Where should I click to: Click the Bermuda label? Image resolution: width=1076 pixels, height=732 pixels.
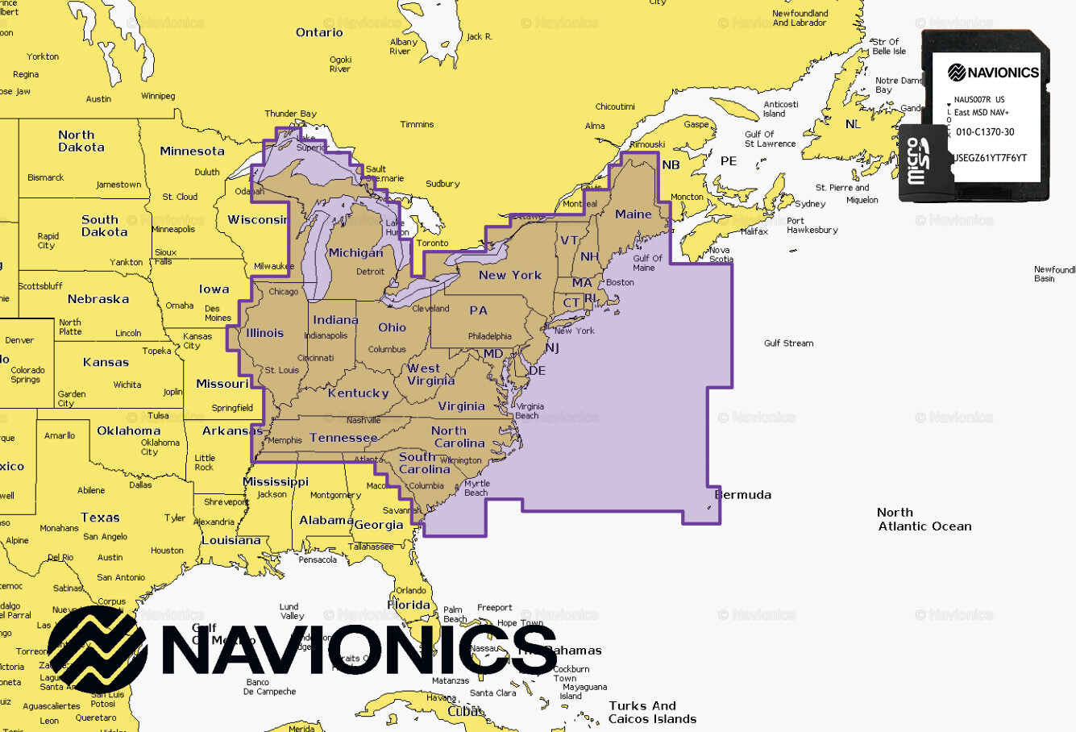tap(743, 495)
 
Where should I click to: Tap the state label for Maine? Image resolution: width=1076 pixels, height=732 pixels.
tap(634, 214)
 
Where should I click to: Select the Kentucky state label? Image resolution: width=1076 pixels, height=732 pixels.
tap(358, 393)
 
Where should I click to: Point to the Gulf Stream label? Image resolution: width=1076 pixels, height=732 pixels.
tap(788, 343)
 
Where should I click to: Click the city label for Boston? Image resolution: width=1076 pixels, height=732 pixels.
tap(620, 282)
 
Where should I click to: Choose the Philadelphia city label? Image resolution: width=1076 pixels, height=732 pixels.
tap(489, 336)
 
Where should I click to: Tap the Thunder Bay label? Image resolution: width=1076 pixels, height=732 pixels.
tap(290, 114)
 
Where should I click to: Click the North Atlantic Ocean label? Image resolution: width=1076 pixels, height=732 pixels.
tap(924, 519)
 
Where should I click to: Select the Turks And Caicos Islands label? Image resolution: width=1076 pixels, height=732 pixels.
tap(652, 713)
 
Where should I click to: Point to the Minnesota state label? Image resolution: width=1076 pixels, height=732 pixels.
tap(192, 151)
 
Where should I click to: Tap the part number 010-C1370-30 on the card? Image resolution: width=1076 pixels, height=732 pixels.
tap(985, 132)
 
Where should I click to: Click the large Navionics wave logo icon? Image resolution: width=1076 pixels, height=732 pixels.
tap(98, 650)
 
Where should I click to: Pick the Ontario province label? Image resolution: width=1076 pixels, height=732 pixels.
tap(319, 32)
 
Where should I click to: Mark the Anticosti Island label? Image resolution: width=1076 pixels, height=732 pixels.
tap(780, 109)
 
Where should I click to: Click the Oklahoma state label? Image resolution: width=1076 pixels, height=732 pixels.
tap(129, 430)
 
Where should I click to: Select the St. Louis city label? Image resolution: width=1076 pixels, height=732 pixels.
tap(281, 370)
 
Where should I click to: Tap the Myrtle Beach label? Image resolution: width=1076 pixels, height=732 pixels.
tap(476, 489)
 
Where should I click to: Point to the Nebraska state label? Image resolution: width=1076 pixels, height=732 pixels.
tap(98, 299)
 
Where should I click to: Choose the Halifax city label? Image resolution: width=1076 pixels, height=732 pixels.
tap(754, 231)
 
